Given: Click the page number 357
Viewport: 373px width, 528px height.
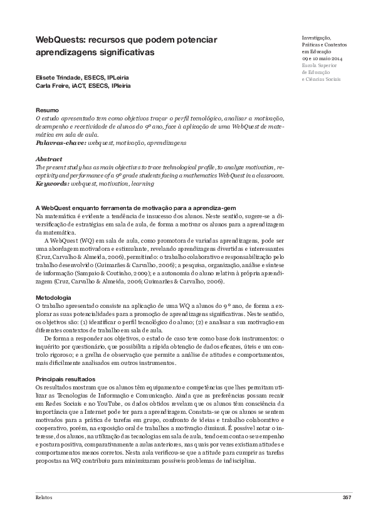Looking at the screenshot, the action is coord(347,497).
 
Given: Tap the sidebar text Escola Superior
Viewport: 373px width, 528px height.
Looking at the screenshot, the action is coord(319,66).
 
